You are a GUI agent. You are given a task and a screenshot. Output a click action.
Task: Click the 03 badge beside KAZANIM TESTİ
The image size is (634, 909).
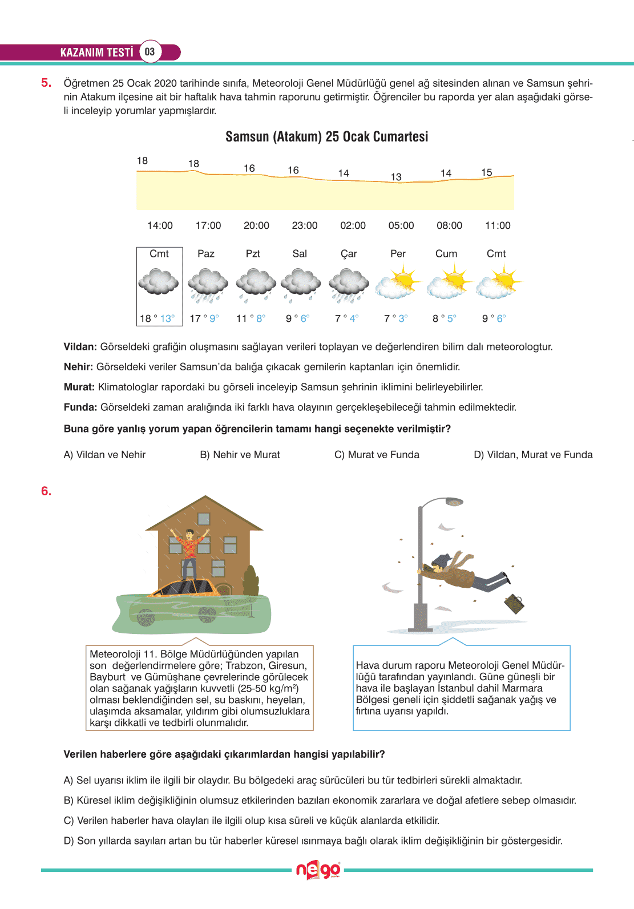150,52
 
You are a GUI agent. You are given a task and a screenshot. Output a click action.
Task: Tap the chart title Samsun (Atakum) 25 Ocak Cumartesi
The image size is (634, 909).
326,137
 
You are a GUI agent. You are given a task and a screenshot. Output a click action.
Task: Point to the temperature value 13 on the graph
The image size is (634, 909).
396,177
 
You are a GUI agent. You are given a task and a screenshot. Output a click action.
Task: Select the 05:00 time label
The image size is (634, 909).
401,225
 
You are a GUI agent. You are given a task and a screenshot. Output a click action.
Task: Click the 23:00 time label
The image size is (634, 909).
305,225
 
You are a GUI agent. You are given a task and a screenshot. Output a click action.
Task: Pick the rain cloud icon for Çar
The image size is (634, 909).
349,285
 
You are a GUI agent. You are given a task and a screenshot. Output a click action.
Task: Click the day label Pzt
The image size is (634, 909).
253,254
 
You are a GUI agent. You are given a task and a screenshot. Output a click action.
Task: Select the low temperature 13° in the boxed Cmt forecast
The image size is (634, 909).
167,318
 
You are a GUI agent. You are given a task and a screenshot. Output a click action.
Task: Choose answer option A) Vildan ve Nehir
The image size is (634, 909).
104,455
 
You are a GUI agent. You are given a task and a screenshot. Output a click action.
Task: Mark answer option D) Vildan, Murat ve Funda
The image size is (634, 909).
533,455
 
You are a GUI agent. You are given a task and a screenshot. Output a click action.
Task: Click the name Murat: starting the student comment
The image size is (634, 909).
79,387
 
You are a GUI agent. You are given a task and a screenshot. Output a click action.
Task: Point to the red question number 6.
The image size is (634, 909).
46,491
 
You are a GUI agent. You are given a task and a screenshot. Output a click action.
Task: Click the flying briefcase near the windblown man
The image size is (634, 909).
514,603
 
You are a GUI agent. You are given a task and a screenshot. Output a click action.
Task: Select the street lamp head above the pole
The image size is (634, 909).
454,502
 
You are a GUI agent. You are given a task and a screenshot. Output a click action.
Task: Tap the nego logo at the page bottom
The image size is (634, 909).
318,870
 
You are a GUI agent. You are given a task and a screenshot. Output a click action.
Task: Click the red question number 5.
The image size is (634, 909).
46,83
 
